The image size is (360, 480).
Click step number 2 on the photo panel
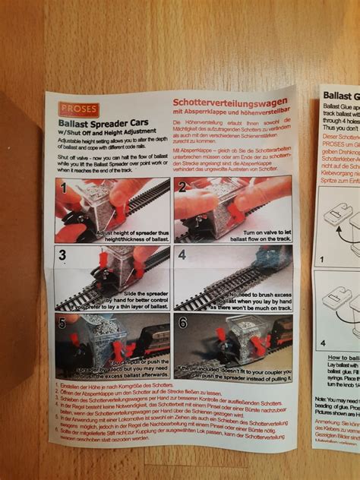[182, 186]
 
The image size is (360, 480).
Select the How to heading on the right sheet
[339, 356]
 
